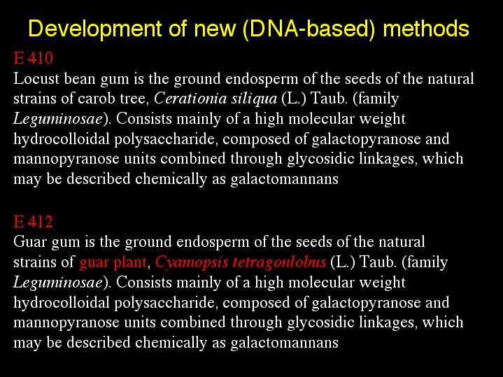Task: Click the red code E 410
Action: click(x=33, y=58)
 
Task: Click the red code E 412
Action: click(x=33, y=222)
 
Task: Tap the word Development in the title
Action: click(x=95, y=29)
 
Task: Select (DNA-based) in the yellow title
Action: click(x=309, y=29)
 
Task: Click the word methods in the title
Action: click(x=426, y=28)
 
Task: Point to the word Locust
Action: click(x=36, y=79)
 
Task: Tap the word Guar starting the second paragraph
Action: click(x=30, y=241)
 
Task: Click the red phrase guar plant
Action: click(x=113, y=263)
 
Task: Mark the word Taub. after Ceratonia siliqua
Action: click(x=329, y=99)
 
